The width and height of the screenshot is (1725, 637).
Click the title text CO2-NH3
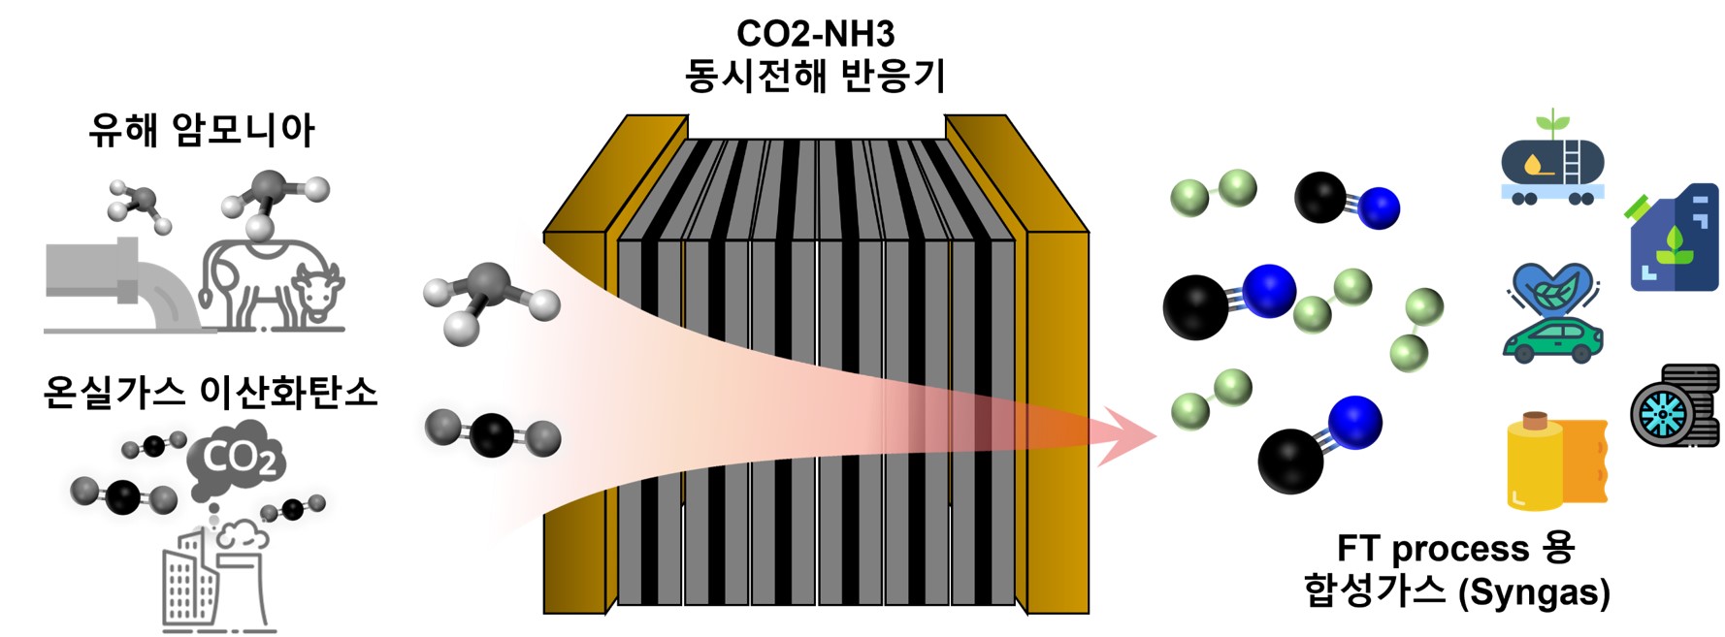(815, 34)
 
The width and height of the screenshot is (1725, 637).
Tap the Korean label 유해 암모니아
(202, 130)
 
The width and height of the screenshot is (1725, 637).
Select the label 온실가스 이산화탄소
(211, 393)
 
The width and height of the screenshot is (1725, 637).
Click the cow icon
(272, 284)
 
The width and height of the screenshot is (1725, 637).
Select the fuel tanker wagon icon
(1552, 165)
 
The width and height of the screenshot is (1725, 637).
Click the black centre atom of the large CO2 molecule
(492, 433)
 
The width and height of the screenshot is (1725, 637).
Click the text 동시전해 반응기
(815, 76)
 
